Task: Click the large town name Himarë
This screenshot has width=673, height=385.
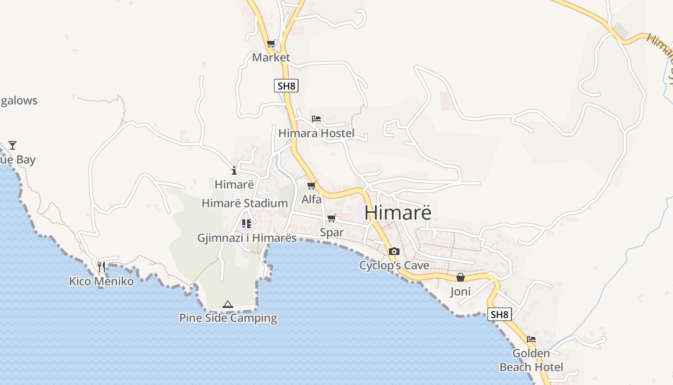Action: pos(398,213)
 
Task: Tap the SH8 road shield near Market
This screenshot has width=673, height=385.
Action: pos(286,86)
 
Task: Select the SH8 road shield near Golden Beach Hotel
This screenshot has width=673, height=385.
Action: pos(499,315)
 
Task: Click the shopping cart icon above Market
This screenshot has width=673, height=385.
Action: pos(271,44)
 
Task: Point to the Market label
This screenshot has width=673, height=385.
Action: pos(271,58)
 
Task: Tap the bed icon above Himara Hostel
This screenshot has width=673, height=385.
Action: pos(316,119)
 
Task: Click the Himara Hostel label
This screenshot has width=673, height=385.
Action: pos(316,133)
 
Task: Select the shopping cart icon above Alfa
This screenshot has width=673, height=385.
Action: pos(311,186)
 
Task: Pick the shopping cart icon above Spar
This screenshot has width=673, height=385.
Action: pos(331,219)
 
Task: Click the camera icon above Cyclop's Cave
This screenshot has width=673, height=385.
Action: pos(394,252)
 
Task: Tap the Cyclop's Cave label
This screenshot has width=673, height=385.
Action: pos(394,266)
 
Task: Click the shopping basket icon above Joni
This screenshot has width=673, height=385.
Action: pos(460,278)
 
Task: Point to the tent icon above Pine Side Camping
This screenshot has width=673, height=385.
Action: pos(228,304)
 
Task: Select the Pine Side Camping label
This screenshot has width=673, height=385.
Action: pos(228,318)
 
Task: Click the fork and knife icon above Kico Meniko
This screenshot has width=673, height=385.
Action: pos(101,267)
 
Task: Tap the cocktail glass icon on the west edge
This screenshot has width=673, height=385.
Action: pos(12,145)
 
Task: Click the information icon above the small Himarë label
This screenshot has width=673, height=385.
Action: pos(234,170)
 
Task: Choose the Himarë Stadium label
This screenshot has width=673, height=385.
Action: pos(245,203)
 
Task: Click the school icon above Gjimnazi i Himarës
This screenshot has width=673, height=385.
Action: pos(247,224)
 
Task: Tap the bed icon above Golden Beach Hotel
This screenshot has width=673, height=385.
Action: pos(531,339)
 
